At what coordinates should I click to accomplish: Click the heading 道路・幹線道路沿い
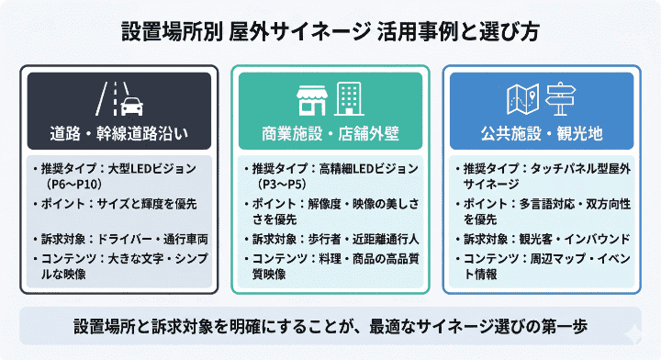tap(119, 134)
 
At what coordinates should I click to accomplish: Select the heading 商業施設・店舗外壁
tap(330, 134)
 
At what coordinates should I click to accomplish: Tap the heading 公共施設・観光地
tap(542, 134)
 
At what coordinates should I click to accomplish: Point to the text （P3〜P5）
tap(283, 184)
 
